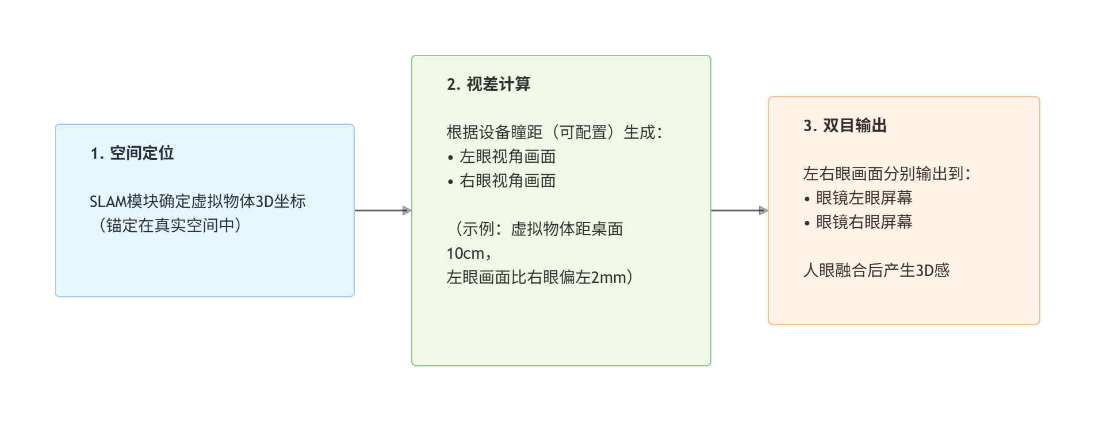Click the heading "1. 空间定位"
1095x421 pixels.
click(132, 153)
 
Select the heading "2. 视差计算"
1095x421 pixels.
click(488, 84)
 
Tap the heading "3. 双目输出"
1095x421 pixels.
click(845, 125)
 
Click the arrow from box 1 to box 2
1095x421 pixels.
click(382, 210)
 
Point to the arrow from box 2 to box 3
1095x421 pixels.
click(739, 210)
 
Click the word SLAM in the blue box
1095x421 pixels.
click(108, 202)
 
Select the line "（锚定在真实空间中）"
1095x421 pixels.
click(170, 225)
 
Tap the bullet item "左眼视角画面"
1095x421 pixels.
click(507, 156)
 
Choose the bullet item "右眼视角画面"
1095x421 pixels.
click(507, 181)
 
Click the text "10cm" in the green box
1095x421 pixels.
click(465, 254)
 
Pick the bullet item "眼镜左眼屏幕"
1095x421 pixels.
click(864, 198)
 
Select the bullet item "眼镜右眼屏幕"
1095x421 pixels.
click(864, 222)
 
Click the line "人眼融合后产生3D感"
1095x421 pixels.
click(876, 270)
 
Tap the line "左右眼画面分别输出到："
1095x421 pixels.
click(886, 174)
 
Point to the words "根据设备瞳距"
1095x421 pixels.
click(495, 132)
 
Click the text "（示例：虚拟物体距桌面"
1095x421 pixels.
click(535, 229)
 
